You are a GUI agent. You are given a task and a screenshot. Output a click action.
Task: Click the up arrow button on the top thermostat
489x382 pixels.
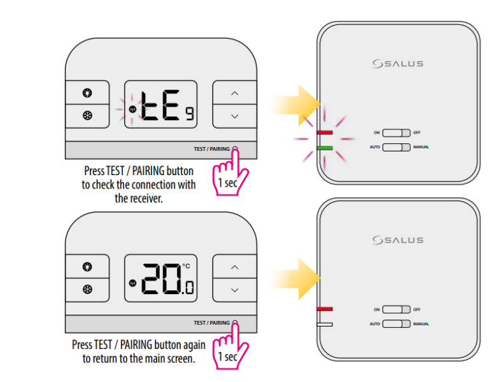234,94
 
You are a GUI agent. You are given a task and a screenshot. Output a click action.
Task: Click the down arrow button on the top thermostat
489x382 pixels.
234,116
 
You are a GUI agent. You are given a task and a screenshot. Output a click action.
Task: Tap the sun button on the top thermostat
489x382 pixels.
87,93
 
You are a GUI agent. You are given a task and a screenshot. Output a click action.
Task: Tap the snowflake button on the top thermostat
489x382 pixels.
87,116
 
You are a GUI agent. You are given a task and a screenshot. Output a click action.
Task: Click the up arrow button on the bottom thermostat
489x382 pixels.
234,267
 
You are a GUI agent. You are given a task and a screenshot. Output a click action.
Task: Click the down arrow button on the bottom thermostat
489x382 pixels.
234,290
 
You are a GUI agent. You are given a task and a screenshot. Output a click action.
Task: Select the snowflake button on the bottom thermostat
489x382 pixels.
87,289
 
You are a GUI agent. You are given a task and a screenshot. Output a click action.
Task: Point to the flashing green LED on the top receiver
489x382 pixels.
325,148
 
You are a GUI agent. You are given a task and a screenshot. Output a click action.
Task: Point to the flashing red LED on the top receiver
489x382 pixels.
325,132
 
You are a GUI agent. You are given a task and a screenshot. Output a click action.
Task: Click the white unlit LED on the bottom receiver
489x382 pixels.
325,324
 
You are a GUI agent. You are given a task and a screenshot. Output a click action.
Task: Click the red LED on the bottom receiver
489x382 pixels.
325,309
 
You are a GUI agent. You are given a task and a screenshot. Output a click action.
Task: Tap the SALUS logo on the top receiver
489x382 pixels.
397,64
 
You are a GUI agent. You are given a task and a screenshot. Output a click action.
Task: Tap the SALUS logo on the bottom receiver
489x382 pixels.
397,240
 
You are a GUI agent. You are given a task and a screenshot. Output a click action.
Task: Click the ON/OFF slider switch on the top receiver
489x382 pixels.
397,132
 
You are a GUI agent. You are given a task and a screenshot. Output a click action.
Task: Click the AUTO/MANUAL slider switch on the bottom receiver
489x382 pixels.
397,323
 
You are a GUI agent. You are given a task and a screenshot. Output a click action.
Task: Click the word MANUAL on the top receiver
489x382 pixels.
421,147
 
